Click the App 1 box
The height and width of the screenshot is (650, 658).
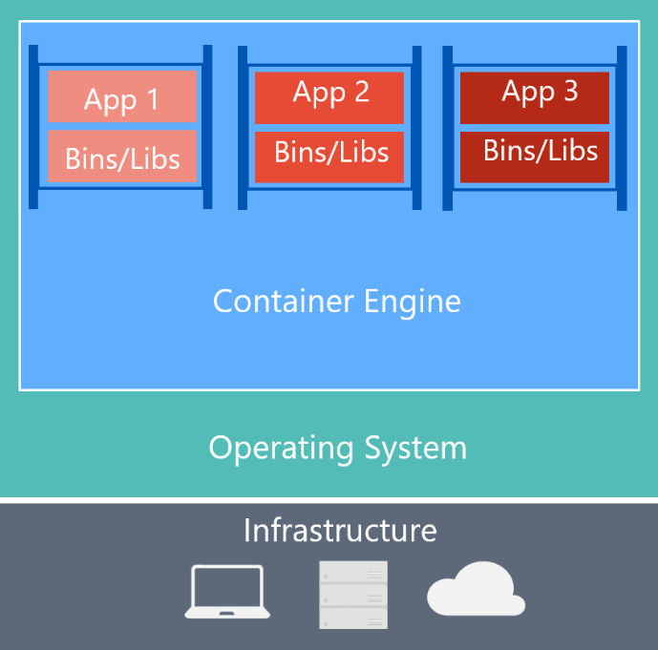pyautogui.click(x=122, y=96)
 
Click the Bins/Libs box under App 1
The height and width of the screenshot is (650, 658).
pyautogui.click(x=122, y=157)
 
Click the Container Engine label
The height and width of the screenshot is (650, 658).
pyautogui.click(x=336, y=302)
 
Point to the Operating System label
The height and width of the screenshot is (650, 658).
pyautogui.click(x=337, y=448)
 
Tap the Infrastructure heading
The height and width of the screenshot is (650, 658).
pyautogui.click(x=339, y=530)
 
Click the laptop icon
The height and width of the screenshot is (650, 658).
pyautogui.click(x=227, y=593)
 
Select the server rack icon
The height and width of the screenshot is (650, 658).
pyautogui.click(x=353, y=595)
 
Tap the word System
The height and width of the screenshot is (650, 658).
pyautogui.click(x=419, y=448)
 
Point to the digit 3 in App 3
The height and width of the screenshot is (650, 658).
pyautogui.click(x=570, y=92)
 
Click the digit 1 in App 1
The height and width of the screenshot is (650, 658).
pyautogui.click(x=153, y=99)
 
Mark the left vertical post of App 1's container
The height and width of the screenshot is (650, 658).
pyautogui.click(x=33, y=126)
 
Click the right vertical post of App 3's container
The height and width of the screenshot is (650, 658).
pyautogui.click(x=622, y=128)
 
